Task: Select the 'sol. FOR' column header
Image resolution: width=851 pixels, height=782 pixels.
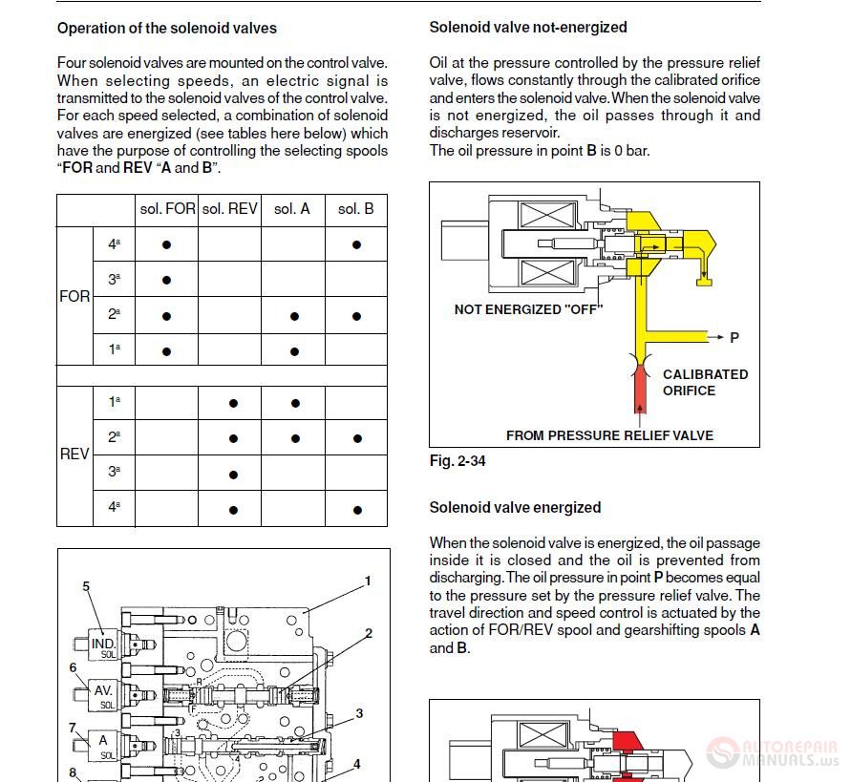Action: point(166,208)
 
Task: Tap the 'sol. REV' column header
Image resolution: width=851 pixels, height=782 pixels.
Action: point(229,208)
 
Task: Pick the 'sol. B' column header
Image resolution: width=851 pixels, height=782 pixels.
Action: point(356,208)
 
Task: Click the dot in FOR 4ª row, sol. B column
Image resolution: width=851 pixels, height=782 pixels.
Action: point(356,244)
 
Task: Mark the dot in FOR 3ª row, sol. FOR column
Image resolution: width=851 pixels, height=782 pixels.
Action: point(166,281)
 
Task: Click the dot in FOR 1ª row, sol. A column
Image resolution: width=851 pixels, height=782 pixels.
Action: point(294,351)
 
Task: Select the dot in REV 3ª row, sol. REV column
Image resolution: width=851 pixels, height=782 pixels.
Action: point(233,475)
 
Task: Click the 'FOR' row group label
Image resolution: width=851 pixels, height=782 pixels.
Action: point(74,297)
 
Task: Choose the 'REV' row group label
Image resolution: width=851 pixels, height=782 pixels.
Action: point(74,454)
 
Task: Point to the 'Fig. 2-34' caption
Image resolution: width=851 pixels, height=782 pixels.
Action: point(457,461)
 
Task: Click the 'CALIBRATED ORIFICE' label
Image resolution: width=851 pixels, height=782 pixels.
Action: point(705,382)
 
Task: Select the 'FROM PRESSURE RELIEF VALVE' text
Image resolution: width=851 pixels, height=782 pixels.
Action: point(609,435)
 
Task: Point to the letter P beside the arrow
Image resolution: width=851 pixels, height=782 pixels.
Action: point(734,338)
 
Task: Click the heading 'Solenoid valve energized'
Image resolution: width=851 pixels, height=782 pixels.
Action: point(515,507)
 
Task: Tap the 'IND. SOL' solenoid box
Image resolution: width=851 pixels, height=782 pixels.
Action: point(103,646)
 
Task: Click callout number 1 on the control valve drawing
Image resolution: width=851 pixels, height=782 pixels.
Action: point(368,581)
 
